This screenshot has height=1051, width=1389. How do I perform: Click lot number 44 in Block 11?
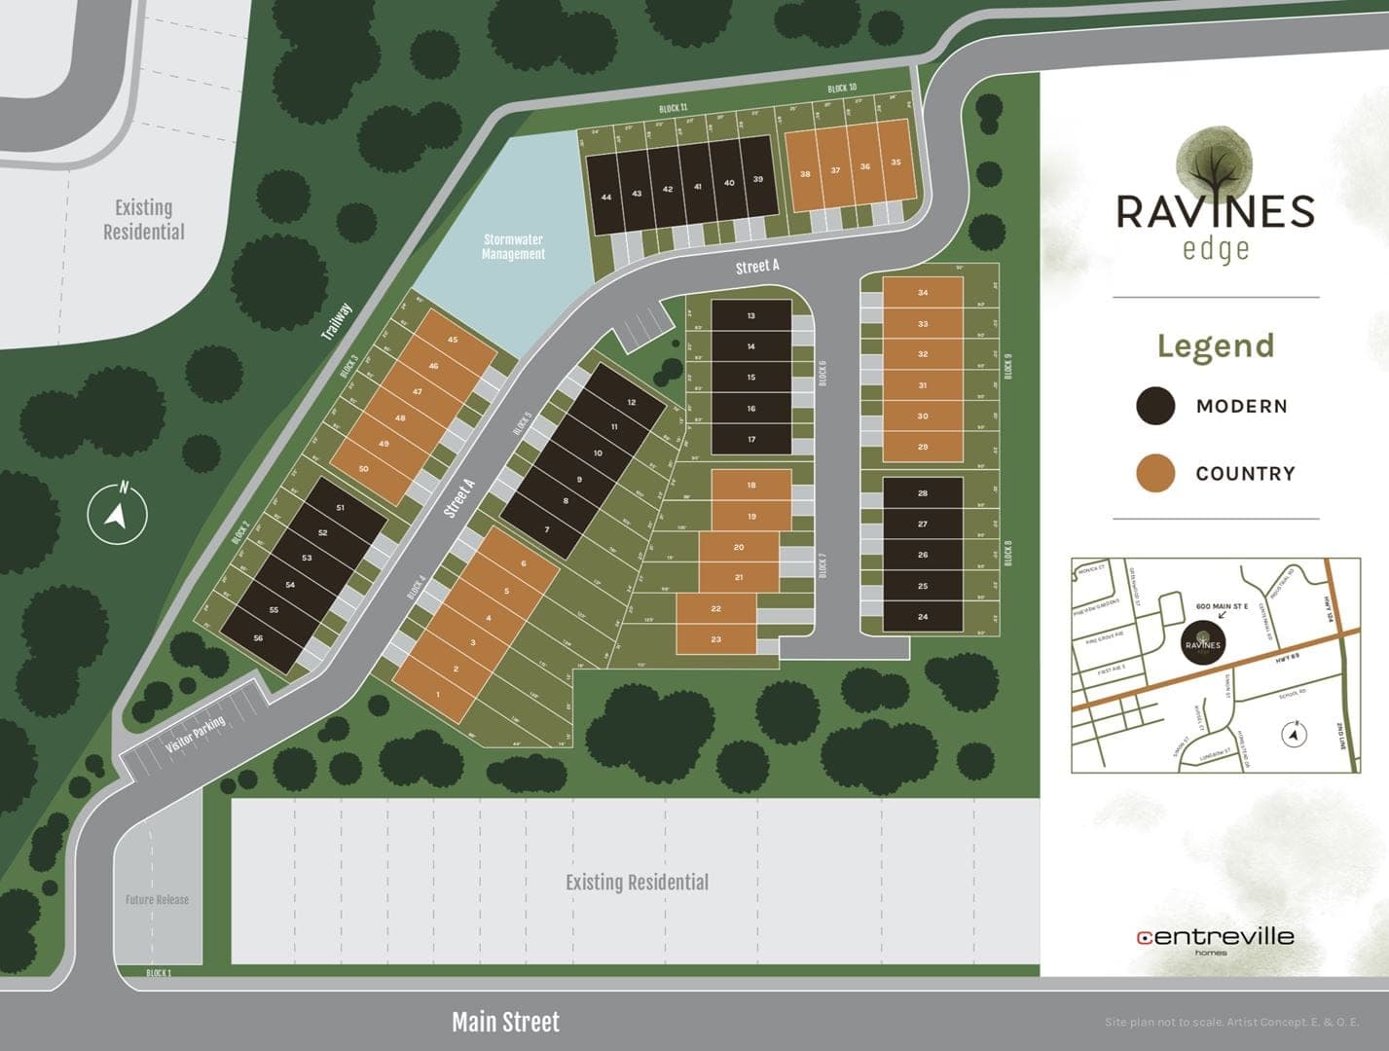pos(606,198)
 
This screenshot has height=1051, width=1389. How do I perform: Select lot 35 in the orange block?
pos(896,163)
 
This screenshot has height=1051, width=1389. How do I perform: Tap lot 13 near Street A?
pos(751,316)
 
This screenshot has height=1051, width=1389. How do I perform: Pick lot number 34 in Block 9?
pos(923,293)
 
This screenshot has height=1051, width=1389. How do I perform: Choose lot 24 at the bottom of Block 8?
pos(923,617)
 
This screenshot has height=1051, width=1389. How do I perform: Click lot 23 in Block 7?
pos(716,639)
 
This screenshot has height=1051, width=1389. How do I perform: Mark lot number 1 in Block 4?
pos(438,694)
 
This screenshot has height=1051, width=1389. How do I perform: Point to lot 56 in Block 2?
pos(258,638)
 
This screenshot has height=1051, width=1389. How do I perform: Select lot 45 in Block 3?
pos(453,340)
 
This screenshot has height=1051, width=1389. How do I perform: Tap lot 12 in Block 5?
pos(632,402)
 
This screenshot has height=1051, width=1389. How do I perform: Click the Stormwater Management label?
pos(513,246)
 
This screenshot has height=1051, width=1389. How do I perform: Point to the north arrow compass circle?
pos(118,514)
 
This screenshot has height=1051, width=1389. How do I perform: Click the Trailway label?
pos(336,321)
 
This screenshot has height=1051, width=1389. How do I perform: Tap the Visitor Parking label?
pos(196,736)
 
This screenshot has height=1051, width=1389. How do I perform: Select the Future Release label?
pos(157,900)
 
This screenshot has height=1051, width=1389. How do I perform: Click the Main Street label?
pos(505,1023)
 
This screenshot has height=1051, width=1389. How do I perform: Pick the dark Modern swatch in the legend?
pos(1155,407)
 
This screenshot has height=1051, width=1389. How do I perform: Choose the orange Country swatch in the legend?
pos(1155,473)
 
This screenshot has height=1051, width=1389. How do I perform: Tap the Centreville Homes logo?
pos(1215,939)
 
